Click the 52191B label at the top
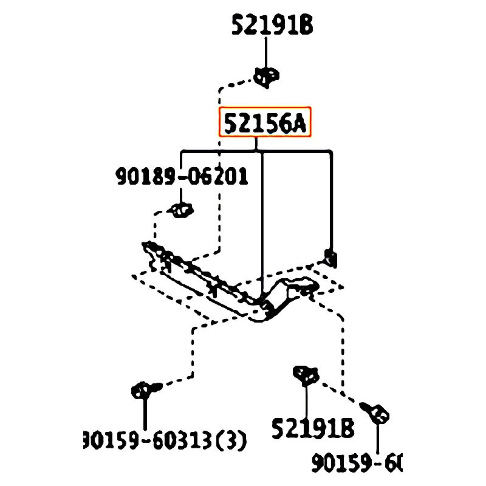coord(272,25)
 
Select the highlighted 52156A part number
coord(265,123)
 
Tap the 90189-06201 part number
coord(182,177)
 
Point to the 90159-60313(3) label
coord(165,440)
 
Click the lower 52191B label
coord(312,429)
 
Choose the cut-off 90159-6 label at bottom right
coord(357,464)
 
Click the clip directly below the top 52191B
coord(266,77)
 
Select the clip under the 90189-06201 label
coord(181,210)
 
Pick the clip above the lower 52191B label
coord(306,375)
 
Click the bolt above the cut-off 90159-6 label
coord(377,413)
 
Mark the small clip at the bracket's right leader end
coord(331,258)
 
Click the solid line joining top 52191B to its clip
coord(265,52)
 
